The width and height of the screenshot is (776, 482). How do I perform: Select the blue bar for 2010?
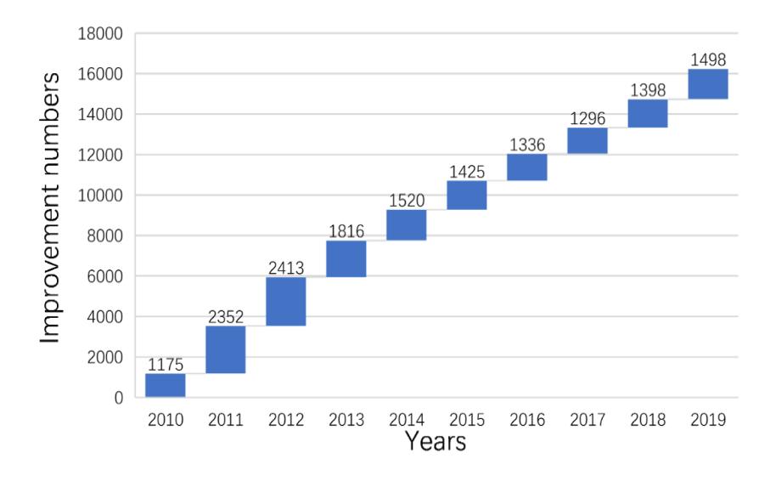[166, 385]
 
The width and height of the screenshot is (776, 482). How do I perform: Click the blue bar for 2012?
[286, 301]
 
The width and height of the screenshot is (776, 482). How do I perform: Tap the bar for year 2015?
[467, 196]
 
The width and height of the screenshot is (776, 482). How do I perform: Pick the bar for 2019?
[708, 83]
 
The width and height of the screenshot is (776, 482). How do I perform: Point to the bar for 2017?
[588, 140]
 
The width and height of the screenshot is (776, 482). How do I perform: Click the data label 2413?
[286, 268]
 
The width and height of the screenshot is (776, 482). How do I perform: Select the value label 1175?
[166, 365]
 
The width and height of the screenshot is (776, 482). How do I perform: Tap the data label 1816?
[346, 231]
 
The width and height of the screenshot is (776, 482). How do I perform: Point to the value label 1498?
[708, 60]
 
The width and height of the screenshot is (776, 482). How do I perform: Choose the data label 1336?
[527, 145]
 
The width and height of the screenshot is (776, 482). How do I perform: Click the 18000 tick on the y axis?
[100, 34]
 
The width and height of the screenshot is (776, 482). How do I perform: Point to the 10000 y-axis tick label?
[100, 196]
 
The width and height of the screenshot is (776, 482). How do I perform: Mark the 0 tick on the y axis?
[118, 397]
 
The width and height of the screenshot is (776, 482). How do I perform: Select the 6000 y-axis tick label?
[104, 276]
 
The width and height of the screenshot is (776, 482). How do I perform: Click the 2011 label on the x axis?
[226, 420]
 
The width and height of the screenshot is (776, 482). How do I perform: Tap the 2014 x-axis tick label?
[407, 420]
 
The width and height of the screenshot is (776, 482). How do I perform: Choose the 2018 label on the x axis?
[648, 420]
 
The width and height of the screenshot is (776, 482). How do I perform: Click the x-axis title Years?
[436, 441]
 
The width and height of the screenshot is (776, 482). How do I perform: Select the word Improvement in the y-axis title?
[49, 264]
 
